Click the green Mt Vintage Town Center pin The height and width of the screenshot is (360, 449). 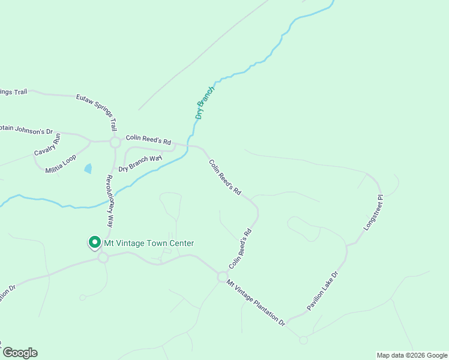point(94,242)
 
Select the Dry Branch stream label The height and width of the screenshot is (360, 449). point(205,102)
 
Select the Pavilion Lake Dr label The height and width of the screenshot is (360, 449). point(323,291)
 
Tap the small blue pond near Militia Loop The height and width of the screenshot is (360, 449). point(89,169)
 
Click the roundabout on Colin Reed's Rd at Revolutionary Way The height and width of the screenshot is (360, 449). point(115,143)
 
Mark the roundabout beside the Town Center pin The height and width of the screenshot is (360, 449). point(103,257)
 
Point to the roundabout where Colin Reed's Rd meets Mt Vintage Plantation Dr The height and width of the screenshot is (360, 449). point(223,277)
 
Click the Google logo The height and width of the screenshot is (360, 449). point(19,353)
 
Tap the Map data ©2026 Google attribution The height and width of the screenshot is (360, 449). point(411,355)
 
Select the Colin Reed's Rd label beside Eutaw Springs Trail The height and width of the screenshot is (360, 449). point(148,139)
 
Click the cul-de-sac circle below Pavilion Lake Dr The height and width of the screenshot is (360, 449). point(303,340)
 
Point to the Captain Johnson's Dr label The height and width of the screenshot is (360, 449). point(26,130)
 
